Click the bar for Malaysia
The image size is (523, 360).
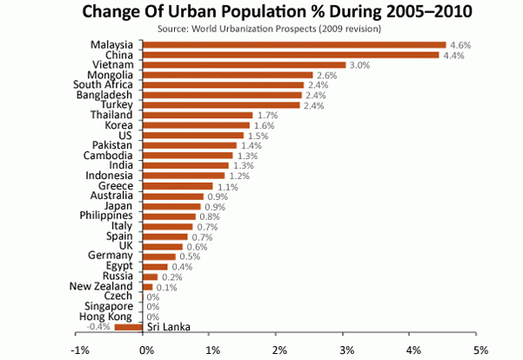294,45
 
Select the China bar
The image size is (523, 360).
291,55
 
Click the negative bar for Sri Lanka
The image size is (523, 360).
128,327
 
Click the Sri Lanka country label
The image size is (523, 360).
167,327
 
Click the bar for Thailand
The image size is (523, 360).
197,115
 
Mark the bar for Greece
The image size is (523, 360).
178,185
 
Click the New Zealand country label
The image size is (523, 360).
101,286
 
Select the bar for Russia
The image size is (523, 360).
149,277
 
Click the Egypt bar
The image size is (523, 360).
155,266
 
